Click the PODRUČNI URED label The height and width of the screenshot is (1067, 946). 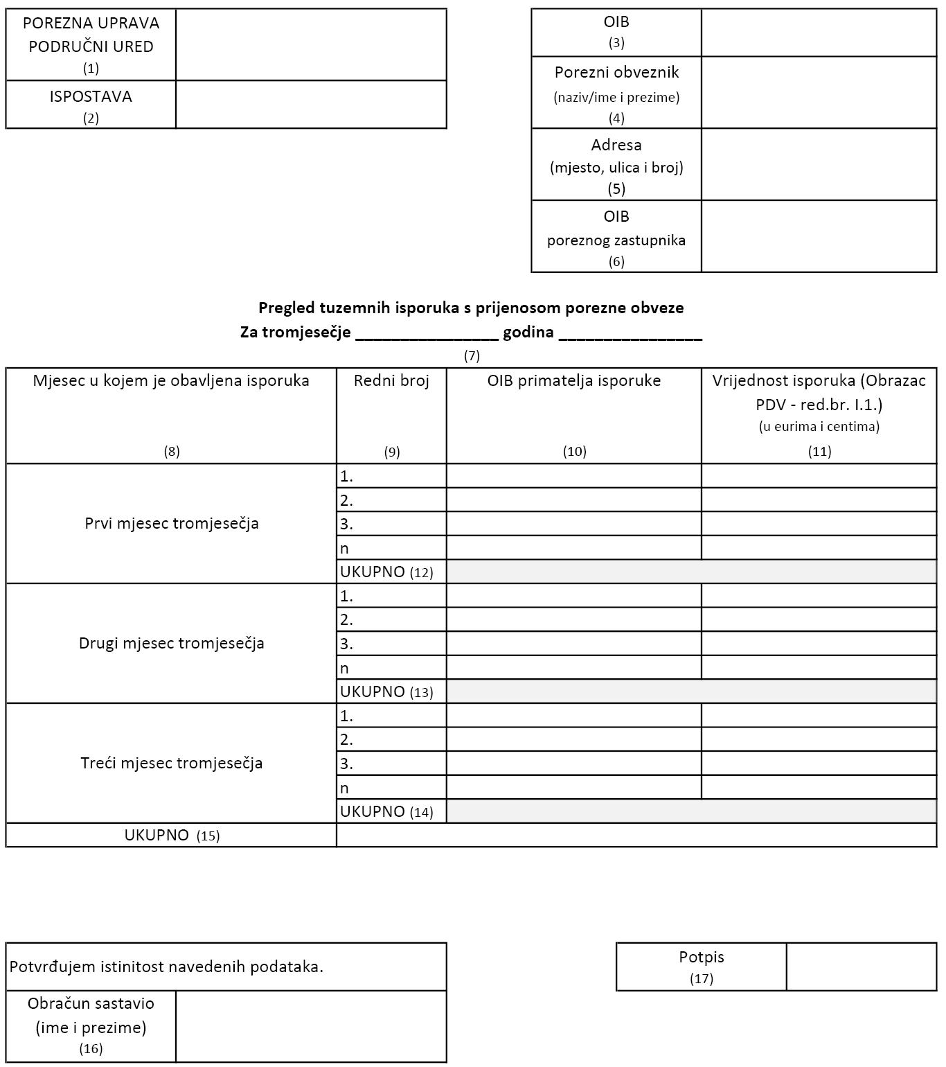pyautogui.click(x=91, y=47)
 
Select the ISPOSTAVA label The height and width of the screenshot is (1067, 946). pyautogui.click(x=91, y=97)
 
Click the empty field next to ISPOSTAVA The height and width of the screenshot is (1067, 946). pyautogui.click(x=311, y=105)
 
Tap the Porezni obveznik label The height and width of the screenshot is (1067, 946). pyautogui.click(x=616, y=73)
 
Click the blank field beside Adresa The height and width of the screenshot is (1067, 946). pyautogui.click(x=819, y=165)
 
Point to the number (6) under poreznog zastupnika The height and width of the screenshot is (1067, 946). pyautogui.click(x=616, y=262)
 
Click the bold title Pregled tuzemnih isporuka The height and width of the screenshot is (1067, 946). pyautogui.click(x=471, y=308)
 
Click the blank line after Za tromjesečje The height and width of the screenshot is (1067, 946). pyautogui.click(x=427, y=333)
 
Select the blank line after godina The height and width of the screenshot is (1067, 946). pyautogui.click(x=630, y=333)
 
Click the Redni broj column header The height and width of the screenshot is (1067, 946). pyautogui.click(x=391, y=380)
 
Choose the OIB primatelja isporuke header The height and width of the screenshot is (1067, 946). pyautogui.click(x=573, y=380)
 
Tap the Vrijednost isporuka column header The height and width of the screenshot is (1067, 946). pyautogui.click(x=819, y=392)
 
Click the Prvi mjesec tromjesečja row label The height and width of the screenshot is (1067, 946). pyautogui.click(x=172, y=523)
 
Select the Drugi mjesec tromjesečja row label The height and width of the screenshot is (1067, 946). pyautogui.click(x=172, y=643)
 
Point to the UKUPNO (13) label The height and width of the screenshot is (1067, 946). pyautogui.click(x=386, y=691)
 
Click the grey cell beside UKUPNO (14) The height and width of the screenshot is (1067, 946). pyautogui.click(x=691, y=811)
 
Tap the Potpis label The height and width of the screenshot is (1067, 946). pyautogui.click(x=701, y=958)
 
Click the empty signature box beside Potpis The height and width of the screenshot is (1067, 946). pyautogui.click(x=862, y=967)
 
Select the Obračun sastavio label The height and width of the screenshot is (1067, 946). pyautogui.click(x=91, y=1004)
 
